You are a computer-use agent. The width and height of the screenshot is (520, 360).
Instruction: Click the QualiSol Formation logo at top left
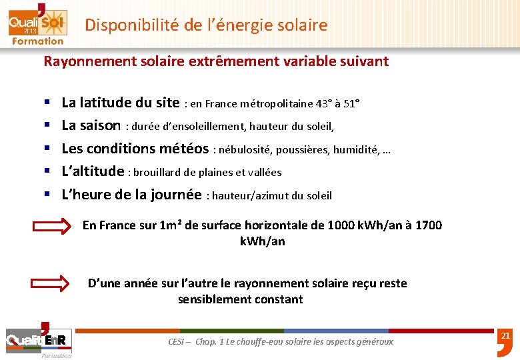click(36, 24)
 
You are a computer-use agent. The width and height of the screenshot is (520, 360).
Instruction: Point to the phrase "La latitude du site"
click(120, 103)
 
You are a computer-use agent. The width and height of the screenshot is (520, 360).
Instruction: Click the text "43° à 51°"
click(338, 104)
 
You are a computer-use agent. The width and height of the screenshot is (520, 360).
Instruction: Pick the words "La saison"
click(91, 125)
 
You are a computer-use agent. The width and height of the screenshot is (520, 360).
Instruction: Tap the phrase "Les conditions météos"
click(135, 149)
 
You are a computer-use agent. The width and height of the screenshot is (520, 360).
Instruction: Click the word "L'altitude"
click(93, 171)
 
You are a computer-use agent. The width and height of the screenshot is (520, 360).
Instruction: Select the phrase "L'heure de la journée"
click(131, 195)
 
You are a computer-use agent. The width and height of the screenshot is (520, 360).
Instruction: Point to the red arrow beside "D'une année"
click(51, 283)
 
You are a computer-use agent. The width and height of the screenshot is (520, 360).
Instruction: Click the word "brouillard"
click(159, 172)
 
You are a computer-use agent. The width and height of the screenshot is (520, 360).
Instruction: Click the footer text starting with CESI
click(281, 341)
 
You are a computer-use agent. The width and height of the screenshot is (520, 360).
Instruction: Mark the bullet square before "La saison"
click(48, 126)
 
